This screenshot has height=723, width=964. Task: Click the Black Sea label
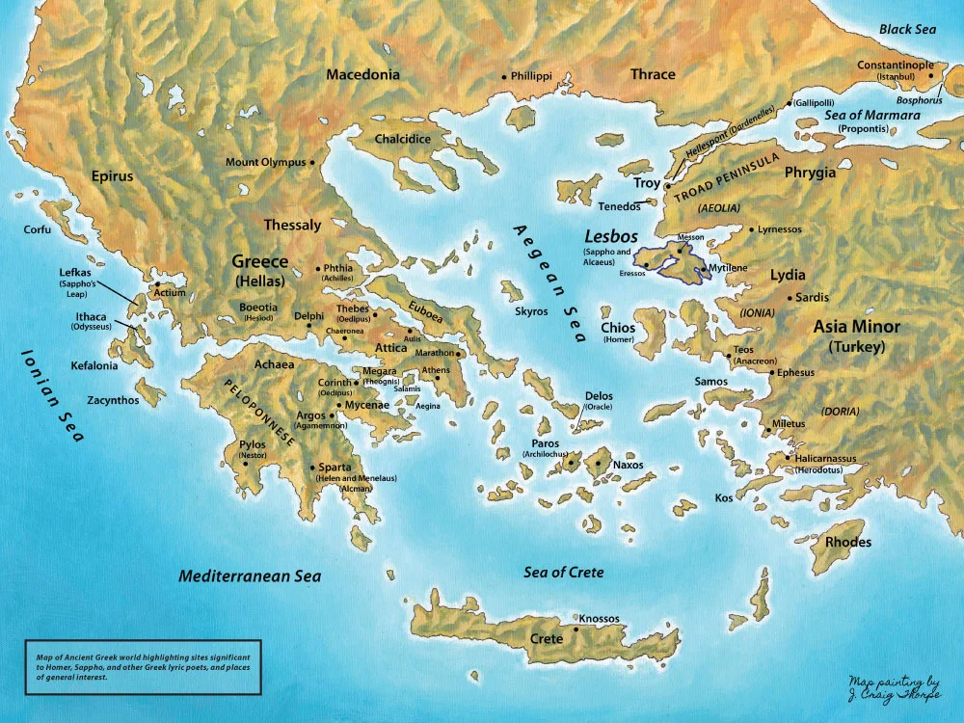tap(907, 30)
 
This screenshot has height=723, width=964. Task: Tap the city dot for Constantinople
tap(931, 75)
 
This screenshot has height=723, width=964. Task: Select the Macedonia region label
tap(362, 75)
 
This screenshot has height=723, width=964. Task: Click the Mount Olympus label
tap(265, 162)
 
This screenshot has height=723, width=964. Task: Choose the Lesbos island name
tap(611, 234)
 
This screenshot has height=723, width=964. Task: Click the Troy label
tap(647, 183)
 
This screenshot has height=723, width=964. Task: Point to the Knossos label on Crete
tap(599, 618)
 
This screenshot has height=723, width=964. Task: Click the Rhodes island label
tap(847, 542)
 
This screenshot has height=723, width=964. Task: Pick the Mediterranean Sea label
tap(250, 576)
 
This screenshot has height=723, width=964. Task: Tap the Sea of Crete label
tap(564, 573)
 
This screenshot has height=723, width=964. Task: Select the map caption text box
tap(142, 665)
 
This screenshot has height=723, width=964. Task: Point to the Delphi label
tap(308, 316)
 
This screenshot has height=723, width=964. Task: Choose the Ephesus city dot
tap(771, 372)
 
